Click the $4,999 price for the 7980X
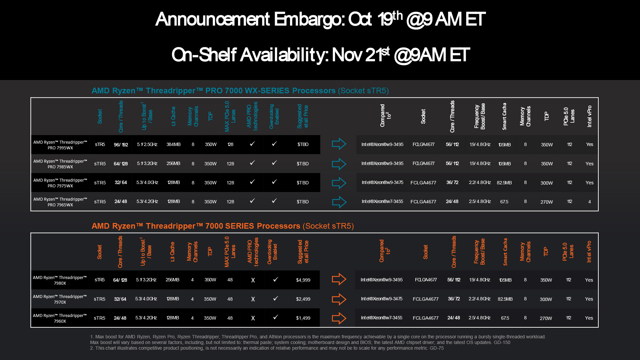[x=303, y=280]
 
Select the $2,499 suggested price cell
[x=303, y=299]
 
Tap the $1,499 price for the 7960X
[x=303, y=318]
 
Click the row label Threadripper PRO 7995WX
[x=60, y=145]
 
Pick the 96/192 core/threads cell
[x=121, y=145]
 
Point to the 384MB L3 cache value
[x=173, y=144]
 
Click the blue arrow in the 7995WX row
[x=339, y=144]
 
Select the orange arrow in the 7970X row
[x=339, y=299]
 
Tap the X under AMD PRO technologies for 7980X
[x=253, y=280]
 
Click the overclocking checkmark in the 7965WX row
[x=274, y=201]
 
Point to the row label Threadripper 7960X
[x=60, y=318]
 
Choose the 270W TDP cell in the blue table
[x=547, y=202]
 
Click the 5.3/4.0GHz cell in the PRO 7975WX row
[x=147, y=183]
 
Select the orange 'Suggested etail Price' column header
[x=303, y=252]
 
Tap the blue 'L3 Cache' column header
[x=173, y=116]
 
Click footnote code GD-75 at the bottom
[x=437, y=348]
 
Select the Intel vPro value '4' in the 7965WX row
[x=589, y=202]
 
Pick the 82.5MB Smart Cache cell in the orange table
[x=505, y=299]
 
